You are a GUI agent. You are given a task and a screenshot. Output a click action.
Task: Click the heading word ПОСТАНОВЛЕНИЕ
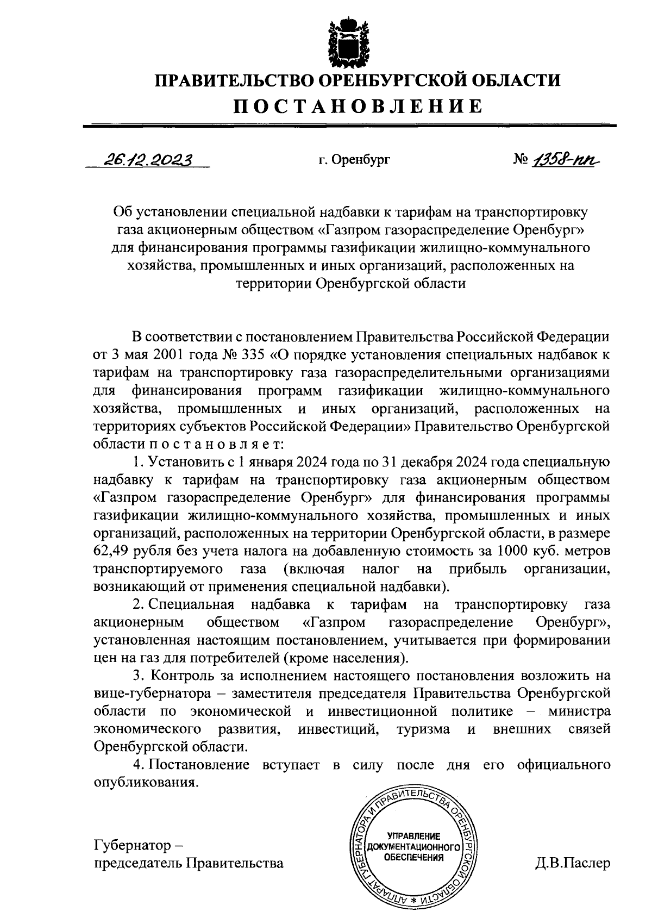(x=358, y=106)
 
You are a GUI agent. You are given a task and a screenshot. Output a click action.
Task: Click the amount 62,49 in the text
(x=111, y=551)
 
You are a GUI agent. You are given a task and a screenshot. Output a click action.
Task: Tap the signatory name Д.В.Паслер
(x=572, y=863)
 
